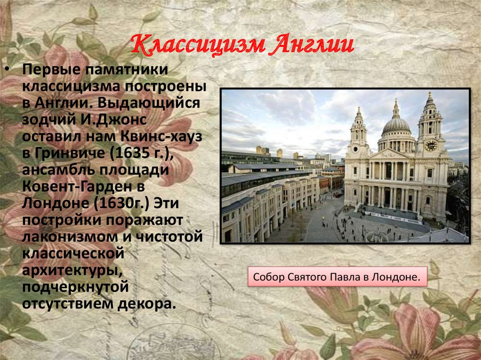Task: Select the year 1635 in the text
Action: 130,153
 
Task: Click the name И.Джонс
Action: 114,120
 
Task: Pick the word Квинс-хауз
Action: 162,136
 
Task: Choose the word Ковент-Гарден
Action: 83,186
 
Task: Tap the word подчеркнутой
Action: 76,287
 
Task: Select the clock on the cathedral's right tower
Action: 431,146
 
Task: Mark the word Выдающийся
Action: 148,103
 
